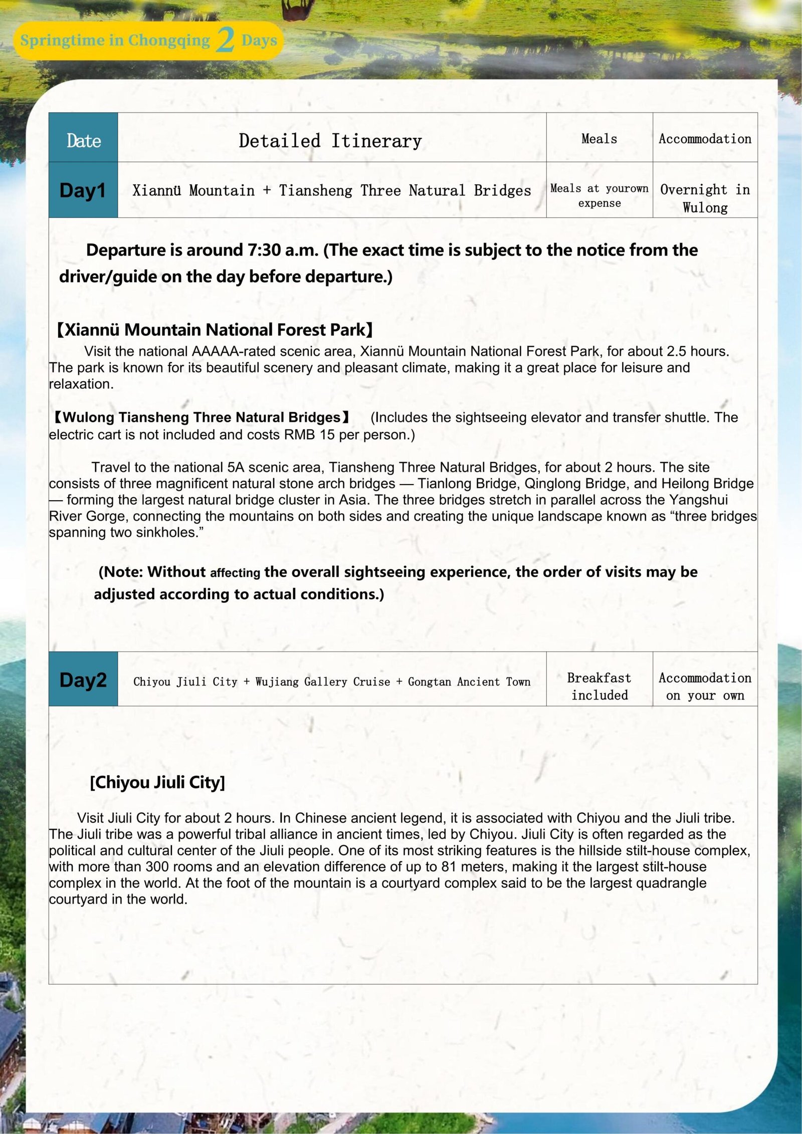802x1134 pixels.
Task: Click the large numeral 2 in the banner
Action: pyautogui.click(x=226, y=40)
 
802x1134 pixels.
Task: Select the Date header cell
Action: pyautogui.click(x=83, y=140)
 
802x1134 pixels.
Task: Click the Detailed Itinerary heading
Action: pyautogui.click(x=330, y=141)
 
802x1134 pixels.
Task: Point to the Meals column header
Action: pyautogui.click(x=599, y=139)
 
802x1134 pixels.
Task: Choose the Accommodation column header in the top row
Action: pyautogui.click(x=705, y=139)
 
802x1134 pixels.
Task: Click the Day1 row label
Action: pyautogui.click(x=83, y=190)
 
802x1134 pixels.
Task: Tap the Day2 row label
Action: pyautogui.click(x=83, y=680)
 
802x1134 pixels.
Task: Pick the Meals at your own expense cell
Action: pyautogui.click(x=599, y=195)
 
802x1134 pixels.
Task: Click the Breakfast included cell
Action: pyautogui.click(x=599, y=687)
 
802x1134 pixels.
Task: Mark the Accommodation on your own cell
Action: pyautogui.click(x=705, y=687)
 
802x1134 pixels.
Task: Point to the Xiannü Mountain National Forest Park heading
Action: pyautogui.click(x=215, y=330)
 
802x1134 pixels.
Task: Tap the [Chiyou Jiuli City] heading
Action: pyautogui.click(x=157, y=782)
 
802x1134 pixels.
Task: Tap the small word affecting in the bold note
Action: pyautogui.click(x=235, y=573)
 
